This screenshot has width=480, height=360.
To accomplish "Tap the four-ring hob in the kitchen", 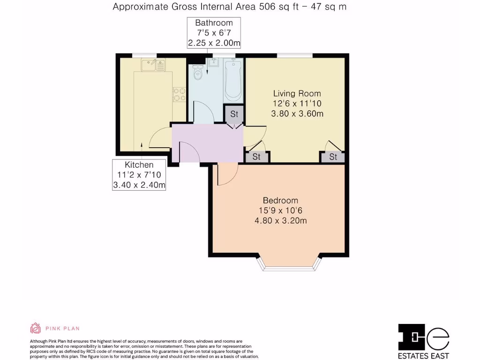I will [x=179, y=95].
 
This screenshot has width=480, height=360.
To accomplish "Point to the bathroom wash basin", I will [x=214, y=63].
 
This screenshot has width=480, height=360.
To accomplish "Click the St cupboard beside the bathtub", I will [x=234, y=114].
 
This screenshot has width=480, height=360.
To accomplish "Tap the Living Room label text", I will [x=297, y=93].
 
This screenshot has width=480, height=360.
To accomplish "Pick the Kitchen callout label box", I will [x=139, y=175].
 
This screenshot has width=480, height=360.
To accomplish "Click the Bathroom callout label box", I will [x=214, y=33].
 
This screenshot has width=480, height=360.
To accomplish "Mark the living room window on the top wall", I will [x=295, y=56].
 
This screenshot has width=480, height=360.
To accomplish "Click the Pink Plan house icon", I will [x=36, y=328].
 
